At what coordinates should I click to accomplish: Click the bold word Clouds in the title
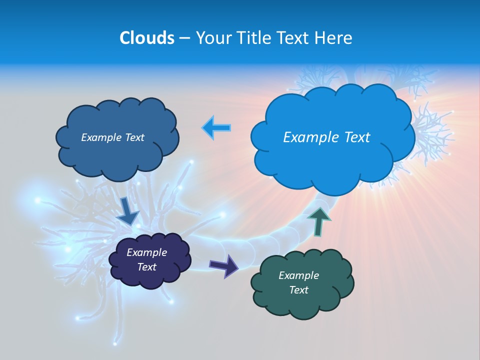tap(147, 38)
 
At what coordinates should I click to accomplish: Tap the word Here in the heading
tap(334, 38)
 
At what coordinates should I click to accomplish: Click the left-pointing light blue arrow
tap(216, 128)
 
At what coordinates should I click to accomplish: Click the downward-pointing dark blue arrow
tap(128, 211)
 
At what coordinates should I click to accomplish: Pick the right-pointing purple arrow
tap(224, 265)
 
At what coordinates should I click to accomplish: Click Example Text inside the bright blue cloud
tap(326, 137)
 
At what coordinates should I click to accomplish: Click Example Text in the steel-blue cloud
tap(112, 137)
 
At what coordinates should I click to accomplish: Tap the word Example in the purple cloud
tap(146, 252)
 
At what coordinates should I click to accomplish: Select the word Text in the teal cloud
tap(298, 290)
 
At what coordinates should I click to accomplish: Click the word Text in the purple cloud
tap(146, 267)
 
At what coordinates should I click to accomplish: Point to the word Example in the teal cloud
tap(298, 275)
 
